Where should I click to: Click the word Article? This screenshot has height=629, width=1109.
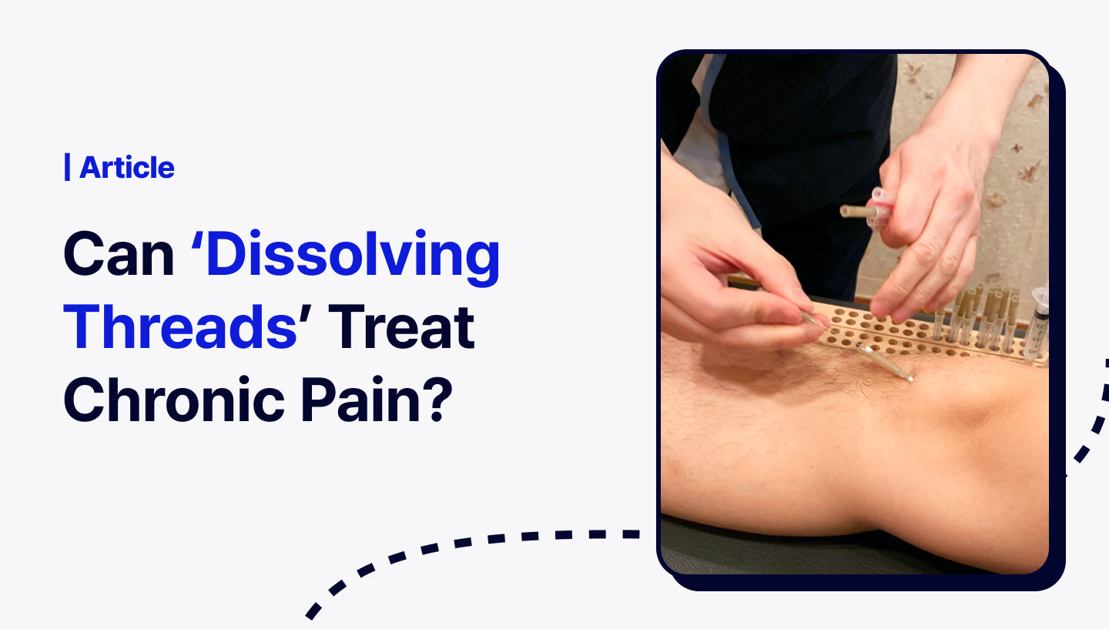tap(127, 167)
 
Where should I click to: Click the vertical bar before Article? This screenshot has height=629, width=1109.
tap(67, 167)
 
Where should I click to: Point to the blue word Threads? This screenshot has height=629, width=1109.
tap(180, 327)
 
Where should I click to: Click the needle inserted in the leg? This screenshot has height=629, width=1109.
tap(886, 362)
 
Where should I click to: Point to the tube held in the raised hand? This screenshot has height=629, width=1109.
tap(859, 211)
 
